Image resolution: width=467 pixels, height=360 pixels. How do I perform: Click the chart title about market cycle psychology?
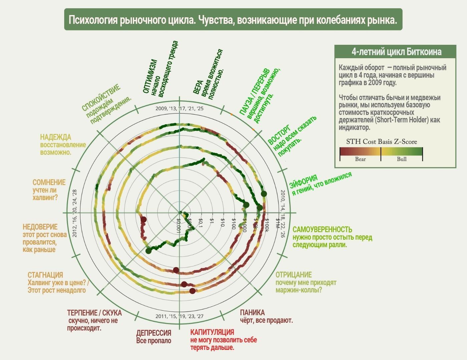233,20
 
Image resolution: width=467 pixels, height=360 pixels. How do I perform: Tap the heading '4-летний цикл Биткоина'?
396,52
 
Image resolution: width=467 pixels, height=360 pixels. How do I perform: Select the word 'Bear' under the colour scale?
360,159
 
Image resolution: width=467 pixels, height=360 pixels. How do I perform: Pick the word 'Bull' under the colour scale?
402,159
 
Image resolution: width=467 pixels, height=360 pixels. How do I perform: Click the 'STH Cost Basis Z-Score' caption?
381,142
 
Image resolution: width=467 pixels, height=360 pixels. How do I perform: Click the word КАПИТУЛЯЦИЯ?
212,332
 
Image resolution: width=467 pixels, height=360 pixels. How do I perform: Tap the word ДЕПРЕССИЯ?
153,333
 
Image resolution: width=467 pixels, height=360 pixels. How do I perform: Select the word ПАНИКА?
252,313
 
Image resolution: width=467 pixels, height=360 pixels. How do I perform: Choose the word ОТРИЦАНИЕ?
294,275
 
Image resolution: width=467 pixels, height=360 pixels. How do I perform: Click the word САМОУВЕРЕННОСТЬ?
322,230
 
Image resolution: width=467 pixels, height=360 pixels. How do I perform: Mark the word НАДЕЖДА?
55,137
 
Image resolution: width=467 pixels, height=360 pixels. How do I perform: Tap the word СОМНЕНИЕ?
49,182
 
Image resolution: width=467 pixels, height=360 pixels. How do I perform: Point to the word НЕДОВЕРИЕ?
40,227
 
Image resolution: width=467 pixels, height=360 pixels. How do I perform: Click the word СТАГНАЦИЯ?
45,275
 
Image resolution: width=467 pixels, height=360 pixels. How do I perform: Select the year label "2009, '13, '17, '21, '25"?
179,108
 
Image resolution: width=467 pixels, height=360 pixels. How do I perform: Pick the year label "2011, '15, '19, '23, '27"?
179,316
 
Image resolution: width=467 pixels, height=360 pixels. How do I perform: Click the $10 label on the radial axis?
222,223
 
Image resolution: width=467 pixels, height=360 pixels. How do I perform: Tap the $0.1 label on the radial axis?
200,223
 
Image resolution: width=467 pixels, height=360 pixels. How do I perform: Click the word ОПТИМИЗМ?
150,77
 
